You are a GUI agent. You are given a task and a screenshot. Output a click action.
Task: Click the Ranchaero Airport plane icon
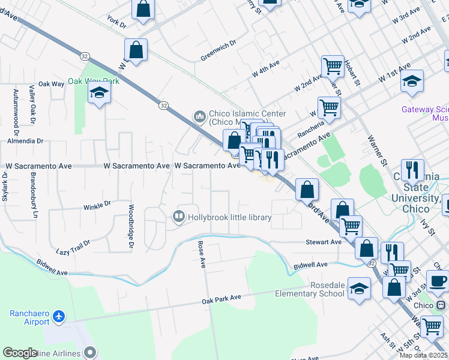pos(58,316)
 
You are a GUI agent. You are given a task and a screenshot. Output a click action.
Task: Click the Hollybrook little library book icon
pos(178,217)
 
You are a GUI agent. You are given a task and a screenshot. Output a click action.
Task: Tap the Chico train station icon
pos(441,305)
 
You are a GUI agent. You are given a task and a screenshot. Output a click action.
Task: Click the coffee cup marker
pos(437,280)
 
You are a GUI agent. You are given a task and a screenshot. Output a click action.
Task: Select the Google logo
pos(20,353)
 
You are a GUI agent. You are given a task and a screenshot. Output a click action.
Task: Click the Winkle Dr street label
pos(97,205)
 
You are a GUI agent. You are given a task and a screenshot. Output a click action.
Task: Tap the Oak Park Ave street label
pos(221,298)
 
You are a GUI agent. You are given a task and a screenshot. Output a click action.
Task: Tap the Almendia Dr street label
pos(25,141)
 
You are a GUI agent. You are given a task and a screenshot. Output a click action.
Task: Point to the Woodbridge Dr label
pos(130,227)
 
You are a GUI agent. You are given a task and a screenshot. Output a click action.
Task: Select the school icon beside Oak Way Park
pos(99,93)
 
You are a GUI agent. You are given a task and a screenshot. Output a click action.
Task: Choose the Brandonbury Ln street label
pos(34,188)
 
